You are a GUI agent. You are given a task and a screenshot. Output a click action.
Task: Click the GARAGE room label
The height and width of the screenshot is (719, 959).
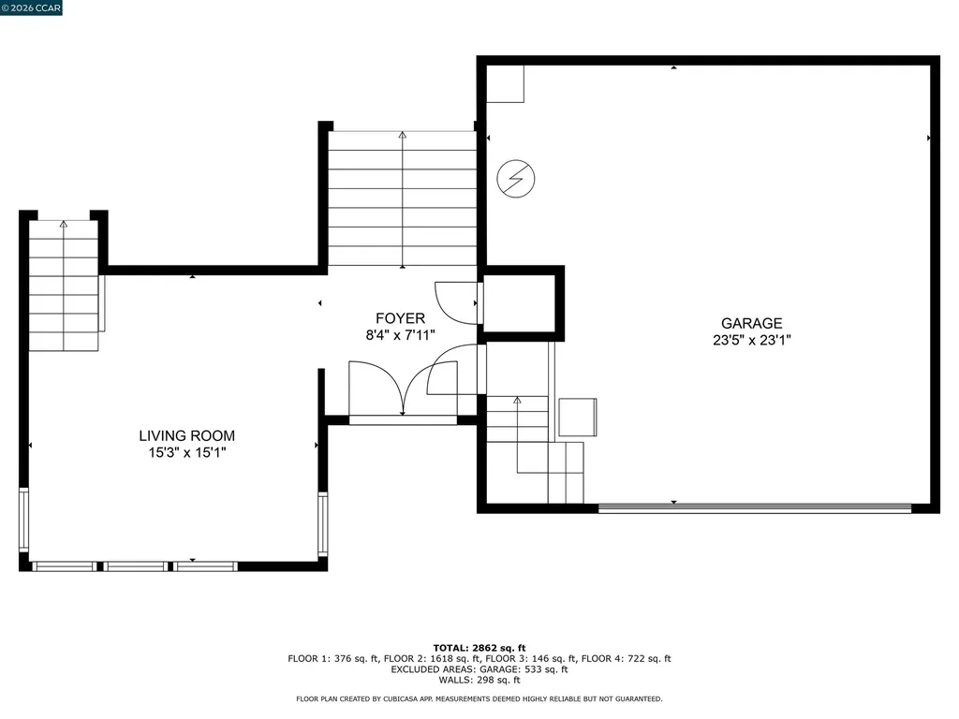click(751, 324)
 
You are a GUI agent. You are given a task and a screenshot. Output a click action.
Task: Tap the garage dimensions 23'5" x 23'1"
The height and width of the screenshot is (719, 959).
click(751, 341)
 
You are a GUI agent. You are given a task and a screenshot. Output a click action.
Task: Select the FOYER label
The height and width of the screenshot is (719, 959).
click(400, 318)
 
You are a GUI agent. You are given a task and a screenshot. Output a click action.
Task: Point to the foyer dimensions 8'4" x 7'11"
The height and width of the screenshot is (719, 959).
click(400, 334)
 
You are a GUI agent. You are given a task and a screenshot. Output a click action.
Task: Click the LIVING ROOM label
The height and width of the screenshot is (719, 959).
click(186, 435)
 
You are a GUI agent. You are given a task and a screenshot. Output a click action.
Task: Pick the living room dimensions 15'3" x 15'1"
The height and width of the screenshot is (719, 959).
click(186, 452)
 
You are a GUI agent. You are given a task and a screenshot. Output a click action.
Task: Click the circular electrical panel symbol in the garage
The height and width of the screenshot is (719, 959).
click(515, 178)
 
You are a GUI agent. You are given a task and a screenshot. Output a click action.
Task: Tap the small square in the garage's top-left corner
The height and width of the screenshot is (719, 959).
click(505, 84)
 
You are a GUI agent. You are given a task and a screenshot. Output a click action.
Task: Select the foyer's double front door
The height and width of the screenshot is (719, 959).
click(403, 389)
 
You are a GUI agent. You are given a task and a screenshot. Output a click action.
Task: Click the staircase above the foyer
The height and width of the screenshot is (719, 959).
click(402, 198)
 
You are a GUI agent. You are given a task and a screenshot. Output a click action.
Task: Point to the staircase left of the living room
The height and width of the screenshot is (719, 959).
click(64, 286)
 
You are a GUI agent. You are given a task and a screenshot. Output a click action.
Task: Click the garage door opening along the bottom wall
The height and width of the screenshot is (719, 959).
click(754, 508)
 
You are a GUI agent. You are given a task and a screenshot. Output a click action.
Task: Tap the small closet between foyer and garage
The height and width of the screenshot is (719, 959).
click(521, 302)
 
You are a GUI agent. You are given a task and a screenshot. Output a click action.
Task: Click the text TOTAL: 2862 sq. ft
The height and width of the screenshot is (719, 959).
click(479, 648)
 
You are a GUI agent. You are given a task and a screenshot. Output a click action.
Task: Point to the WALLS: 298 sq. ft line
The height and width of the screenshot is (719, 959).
click(479, 681)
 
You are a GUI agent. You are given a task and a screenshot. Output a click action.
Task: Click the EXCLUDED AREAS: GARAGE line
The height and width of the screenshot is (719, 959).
click(479, 669)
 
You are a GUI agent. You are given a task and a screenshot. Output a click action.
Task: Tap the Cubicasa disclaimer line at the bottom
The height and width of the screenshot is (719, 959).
click(479, 699)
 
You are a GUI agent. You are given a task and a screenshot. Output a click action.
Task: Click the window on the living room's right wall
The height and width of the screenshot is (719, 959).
click(322, 524)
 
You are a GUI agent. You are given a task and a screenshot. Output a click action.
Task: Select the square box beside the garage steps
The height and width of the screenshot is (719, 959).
click(578, 418)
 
